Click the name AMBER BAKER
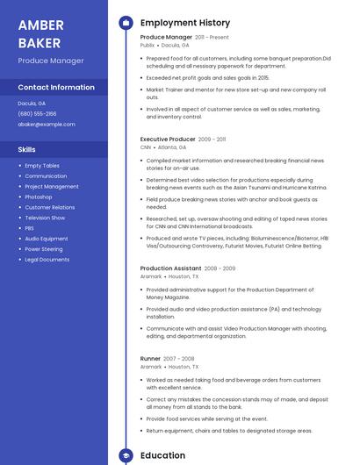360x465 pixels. click(40, 33)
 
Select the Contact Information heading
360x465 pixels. click(56, 88)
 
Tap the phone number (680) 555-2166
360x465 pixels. click(37, 113)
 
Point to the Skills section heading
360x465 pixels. click(27, 150)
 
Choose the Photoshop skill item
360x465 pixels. click(39, 197)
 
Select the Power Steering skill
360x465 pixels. click(44, 249)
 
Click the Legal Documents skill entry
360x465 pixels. click(47, 260)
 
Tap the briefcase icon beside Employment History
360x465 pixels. click(126, 23)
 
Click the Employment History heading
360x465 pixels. click(185, 23)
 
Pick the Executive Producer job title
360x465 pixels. click(168, 139)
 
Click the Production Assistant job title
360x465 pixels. click(170, 268)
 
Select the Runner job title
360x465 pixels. click(150, 358)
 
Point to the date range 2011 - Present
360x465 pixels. click(212, 38)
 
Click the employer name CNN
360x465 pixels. click(146, 147)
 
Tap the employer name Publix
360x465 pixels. click(148, 46)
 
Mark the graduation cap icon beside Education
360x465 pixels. click(126, 455)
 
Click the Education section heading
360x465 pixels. click(162, 455)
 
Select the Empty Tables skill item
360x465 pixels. click(42, 166)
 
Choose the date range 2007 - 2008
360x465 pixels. click(179, 359)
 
